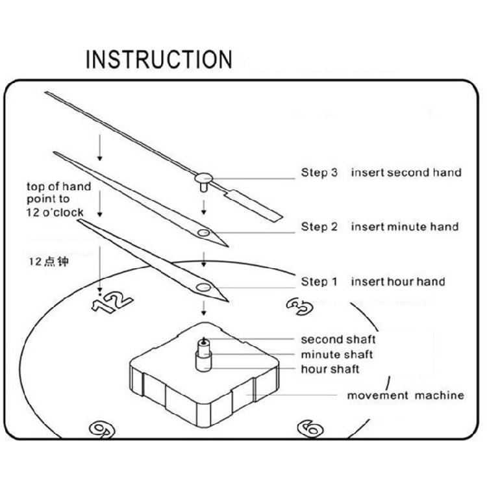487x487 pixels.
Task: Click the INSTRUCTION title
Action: click(159, 59)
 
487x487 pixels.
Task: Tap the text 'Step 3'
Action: click(319, 173)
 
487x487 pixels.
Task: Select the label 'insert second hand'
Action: click(406, 173)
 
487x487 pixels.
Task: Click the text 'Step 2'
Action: click(319, 227)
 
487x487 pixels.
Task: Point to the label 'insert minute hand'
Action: click(405, 227)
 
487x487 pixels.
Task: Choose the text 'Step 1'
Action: click(319, 282)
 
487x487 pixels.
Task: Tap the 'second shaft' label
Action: click(338, 340)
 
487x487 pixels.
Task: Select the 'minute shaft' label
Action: click(336, 355)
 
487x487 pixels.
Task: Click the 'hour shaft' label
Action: click(330, 369)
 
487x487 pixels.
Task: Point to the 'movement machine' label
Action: click(405, 395)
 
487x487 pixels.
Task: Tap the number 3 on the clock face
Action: click(299, 306)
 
